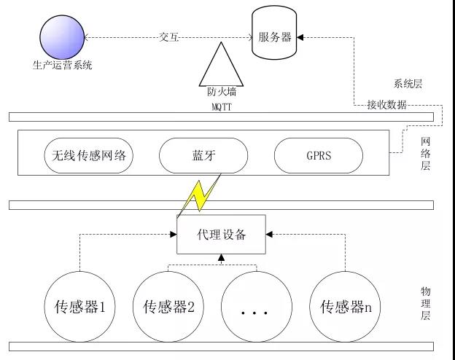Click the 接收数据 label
tap(386, 106)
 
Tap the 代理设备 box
tap(222, 235)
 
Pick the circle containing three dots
tap(256, 307)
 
